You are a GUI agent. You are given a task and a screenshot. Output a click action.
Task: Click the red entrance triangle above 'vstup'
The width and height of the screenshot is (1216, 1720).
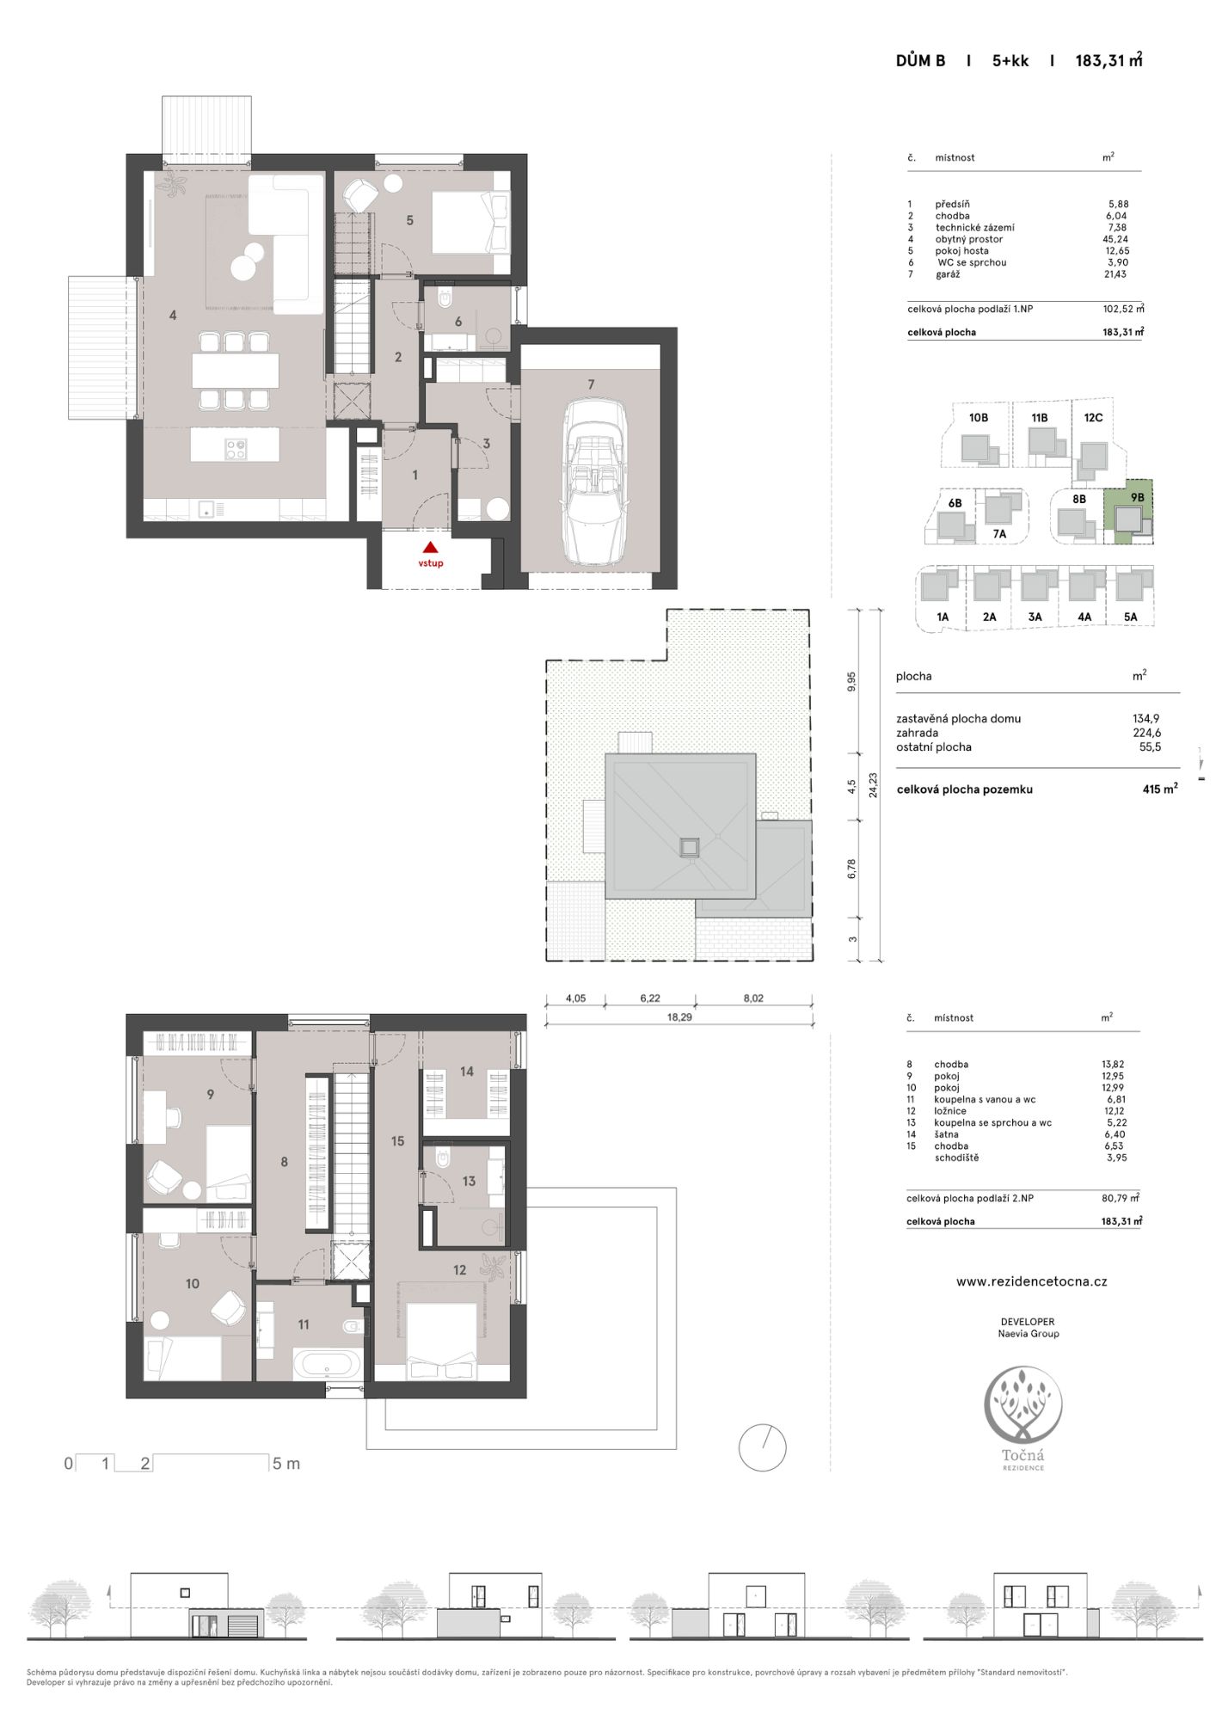431,546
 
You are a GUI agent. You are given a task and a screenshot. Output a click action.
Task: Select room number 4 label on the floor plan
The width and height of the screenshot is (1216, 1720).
173,316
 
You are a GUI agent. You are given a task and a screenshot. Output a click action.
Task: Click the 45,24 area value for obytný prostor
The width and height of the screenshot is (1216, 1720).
1115,239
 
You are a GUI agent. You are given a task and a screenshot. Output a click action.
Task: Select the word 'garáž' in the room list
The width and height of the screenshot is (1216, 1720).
947,274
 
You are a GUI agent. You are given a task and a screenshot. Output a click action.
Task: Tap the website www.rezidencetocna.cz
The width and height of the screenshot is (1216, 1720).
1031,1281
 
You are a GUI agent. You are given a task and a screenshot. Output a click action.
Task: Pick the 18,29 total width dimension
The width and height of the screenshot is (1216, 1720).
679,1017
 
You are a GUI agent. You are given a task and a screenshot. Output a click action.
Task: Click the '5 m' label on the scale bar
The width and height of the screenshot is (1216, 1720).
286,1464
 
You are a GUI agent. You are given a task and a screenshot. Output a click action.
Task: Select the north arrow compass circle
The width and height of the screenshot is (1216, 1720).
763,1447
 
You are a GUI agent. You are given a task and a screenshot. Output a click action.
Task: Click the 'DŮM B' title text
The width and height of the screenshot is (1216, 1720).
920,60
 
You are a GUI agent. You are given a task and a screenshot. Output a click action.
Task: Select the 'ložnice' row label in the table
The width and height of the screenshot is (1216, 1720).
949,1111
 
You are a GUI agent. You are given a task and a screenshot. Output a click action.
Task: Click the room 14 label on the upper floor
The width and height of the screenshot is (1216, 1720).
466,1072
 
